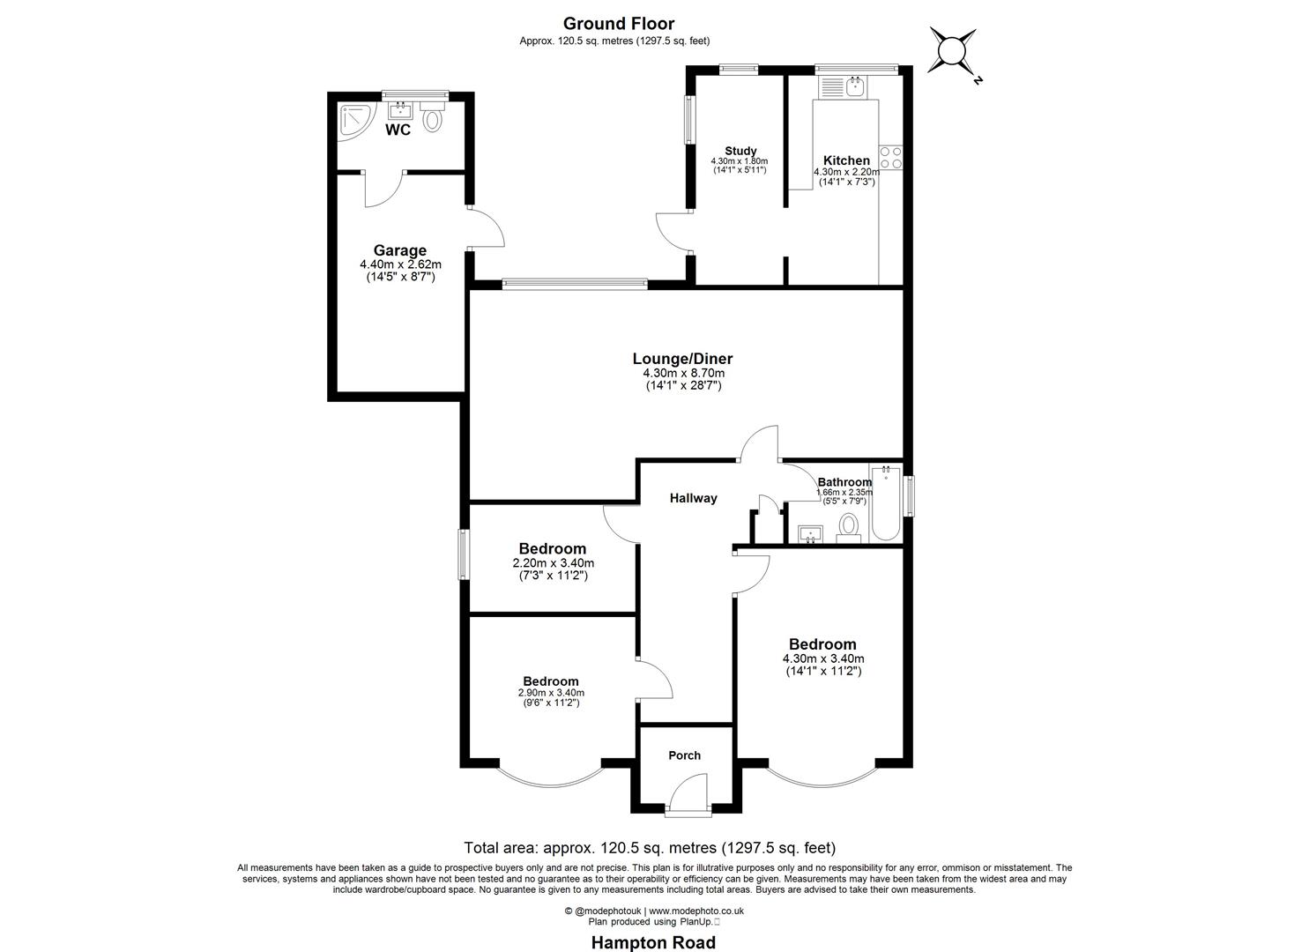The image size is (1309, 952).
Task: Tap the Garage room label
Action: (x=399, y=250)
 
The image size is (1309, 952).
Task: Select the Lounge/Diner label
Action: (x=682, y=359)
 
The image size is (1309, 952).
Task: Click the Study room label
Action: (x=740, y=151)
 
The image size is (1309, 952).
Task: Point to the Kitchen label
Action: (x=846, y=160)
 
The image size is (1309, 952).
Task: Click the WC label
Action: (x=398, y=130)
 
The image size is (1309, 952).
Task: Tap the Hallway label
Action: (x=693, y=498)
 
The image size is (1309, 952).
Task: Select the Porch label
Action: (x=684, y=755)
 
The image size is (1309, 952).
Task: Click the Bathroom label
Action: (x=844, y=482)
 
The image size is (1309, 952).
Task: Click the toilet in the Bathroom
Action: (x=848, y=526)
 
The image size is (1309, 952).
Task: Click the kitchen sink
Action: (x=853, y=86)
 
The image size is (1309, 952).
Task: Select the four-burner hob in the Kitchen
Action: (x=890, y=157)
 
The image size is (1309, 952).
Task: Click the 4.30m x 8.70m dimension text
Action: (x=683, y=374)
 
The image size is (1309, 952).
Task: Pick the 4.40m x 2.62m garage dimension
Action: (x=400, y=264)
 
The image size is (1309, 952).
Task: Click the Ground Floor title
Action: (x=618, y=24)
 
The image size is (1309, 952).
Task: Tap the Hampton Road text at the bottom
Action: (x=653, y=942)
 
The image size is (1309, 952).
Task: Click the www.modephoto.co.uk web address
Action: (x=696, y=911)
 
